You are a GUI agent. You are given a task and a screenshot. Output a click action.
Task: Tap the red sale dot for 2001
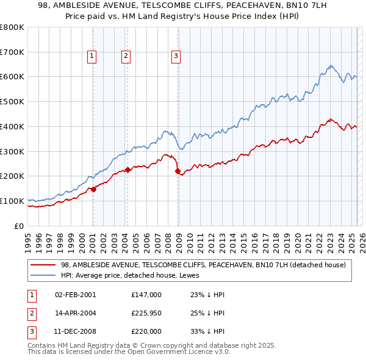94,189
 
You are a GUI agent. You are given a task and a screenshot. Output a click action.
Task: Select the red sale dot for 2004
128,170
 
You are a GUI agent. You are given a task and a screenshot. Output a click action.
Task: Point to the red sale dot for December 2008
178,171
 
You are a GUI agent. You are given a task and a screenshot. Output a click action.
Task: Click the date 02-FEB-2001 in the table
76,295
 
